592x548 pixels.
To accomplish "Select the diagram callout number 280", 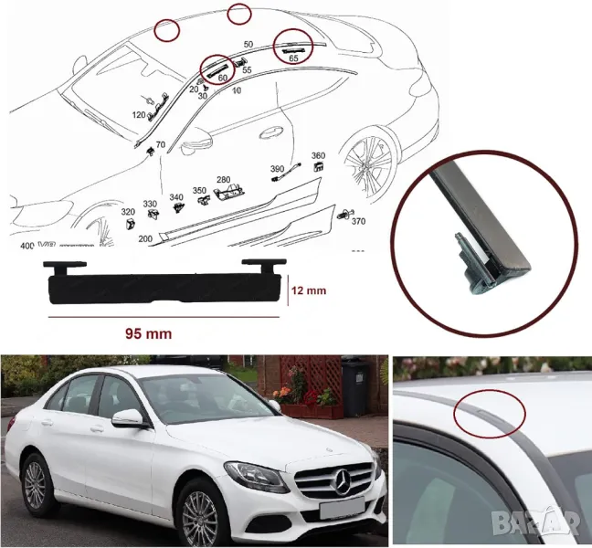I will click(223, 180).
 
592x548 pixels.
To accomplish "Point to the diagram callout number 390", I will click(277, 169).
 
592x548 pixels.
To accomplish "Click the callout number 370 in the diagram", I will click(358, 222).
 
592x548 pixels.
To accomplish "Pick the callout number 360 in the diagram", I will click(318, 156).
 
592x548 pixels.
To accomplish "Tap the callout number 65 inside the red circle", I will click(293, 58).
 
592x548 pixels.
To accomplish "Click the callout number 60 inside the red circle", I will click(222, 79).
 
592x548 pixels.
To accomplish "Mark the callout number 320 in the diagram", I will click(128, 211).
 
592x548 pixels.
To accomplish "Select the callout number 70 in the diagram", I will click(160, 145).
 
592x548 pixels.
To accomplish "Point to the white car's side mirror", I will click(129, 418).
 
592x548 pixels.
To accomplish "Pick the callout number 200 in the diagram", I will click(144, 238).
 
